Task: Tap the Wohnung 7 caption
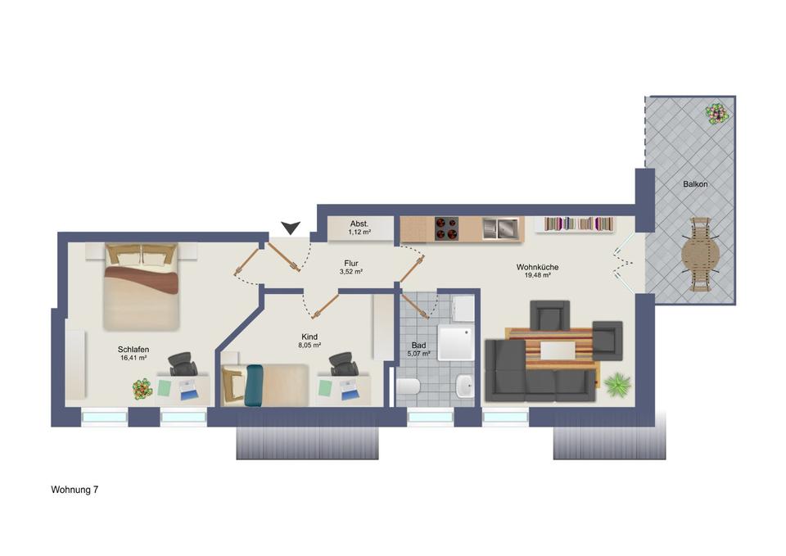coord(75,490)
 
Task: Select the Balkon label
coord(695,184)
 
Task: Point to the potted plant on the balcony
coord(718,113)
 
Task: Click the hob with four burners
coord(446,228)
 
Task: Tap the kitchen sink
coord(499,228)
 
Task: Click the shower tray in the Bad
coord(456,341)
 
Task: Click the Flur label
coord(351,263)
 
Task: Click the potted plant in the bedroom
coord(142,388)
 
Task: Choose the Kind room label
coord(309,336)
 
